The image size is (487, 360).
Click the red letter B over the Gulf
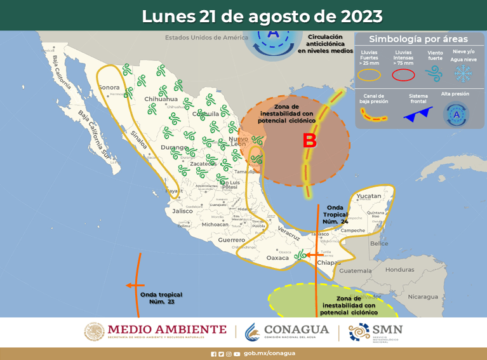tap(309, 141)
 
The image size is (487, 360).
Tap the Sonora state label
tap(109, 87)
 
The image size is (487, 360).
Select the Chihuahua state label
tap(161, 99)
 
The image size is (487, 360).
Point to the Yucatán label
tap(369, 196)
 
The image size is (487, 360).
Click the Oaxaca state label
tap(277, 258)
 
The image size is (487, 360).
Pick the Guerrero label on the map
tap(231, 240)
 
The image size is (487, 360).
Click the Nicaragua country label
tap(423, 297)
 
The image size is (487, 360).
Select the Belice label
tap(379, 244)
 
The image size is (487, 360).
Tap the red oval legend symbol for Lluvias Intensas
tap(403, 75)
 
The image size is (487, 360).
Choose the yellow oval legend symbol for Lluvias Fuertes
tap(369, 75)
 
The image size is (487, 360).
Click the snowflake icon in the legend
tap(465, 74)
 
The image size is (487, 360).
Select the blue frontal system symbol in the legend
tap(418, 114)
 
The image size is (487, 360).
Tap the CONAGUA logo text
tap(296, 330)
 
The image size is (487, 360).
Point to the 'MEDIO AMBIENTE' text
tap(167, 329)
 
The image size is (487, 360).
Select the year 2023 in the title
tap(359, 15)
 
